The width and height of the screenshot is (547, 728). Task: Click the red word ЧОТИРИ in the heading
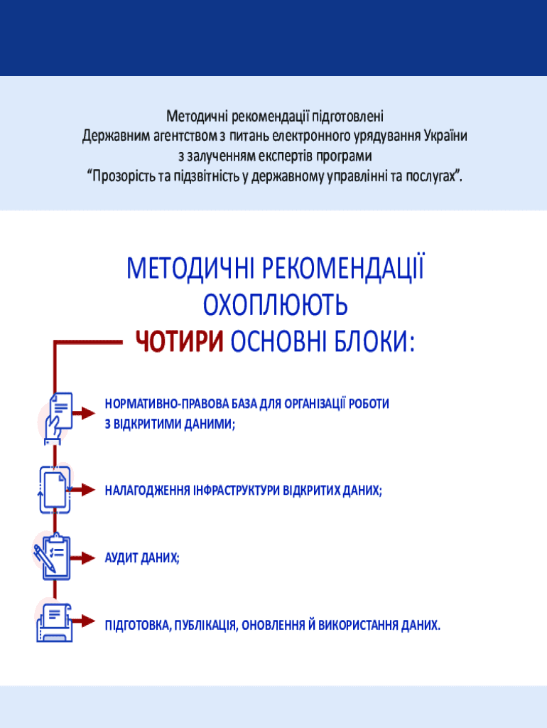click(x=180, y=342)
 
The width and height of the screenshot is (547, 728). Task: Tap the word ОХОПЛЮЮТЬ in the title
click(x=276, y=305)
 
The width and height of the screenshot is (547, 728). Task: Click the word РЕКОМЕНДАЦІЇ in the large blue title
click(x=344, y=268)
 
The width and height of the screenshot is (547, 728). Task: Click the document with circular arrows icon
click(x=55, y=490)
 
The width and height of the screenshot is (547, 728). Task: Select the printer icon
click(x=54, y=623)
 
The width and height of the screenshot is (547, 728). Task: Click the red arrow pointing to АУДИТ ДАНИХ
click(x=84, y=557)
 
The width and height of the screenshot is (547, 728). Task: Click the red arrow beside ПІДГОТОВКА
click(x=85, y=621)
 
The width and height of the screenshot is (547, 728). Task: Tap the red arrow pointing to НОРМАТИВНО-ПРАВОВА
click(x=85, y=413)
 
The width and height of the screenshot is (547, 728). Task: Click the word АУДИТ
click(x=121, y=557)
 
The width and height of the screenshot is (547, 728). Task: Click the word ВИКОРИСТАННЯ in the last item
click(x=358, y=625)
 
